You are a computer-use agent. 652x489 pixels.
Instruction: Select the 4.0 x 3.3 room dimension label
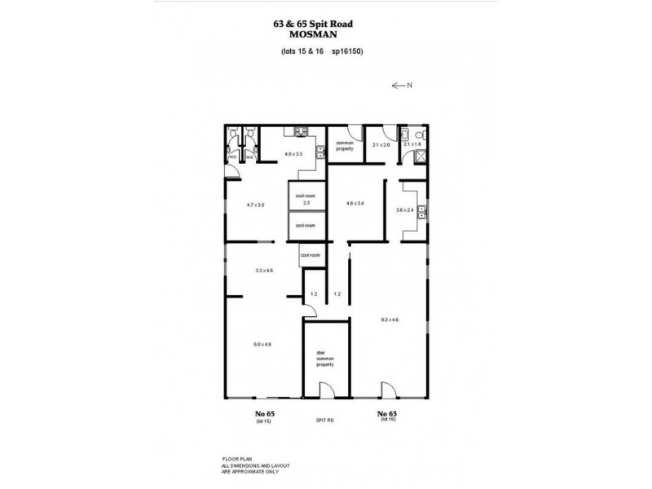pos(294,154)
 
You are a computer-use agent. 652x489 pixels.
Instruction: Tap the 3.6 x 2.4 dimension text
pos(406,209)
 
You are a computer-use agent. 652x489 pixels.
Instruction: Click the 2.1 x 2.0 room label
pos(381,144)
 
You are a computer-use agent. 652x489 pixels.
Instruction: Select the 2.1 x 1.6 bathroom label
pos(412,144)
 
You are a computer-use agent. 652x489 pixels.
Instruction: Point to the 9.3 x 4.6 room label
pos(389,319)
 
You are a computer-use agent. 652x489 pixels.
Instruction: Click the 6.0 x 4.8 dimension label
pos(262,344)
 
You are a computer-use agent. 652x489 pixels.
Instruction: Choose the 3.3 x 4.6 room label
pos(264,270)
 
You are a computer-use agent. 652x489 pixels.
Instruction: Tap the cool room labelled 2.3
pos(306,200)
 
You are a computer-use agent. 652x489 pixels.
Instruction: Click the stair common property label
pos(325,359)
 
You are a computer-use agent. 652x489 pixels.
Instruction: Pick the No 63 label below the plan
pos(387,414)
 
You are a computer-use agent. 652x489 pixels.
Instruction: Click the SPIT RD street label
pos(326,420)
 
